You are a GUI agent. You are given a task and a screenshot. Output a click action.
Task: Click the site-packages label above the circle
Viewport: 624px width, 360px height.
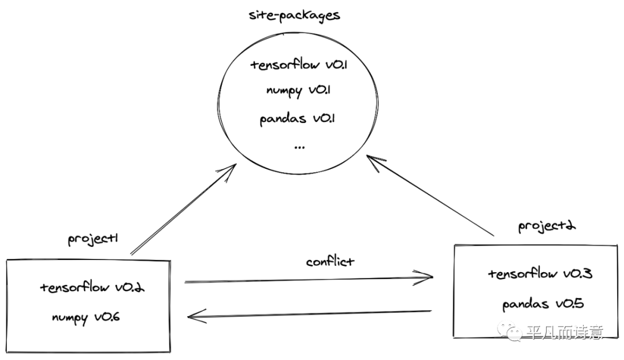[x=294, y=15]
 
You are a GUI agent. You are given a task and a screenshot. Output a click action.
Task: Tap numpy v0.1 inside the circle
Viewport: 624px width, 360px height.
[x=299, y=91]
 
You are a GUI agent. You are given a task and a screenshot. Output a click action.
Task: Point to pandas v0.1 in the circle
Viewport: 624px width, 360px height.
[x=298, y=119]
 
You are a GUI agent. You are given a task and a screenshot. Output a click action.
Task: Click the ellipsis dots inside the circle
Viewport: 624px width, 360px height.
[x=299, y=147]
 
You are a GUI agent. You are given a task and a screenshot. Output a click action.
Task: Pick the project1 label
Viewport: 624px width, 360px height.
[x=93, y=238]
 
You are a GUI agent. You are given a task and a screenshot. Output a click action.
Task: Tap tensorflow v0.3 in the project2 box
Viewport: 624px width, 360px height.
[x=539, y=273]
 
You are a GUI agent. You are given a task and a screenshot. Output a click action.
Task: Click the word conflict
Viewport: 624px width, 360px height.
[x=330, y=261]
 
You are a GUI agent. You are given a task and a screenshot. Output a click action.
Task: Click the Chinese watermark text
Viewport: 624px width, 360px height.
[x=564, y=333]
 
